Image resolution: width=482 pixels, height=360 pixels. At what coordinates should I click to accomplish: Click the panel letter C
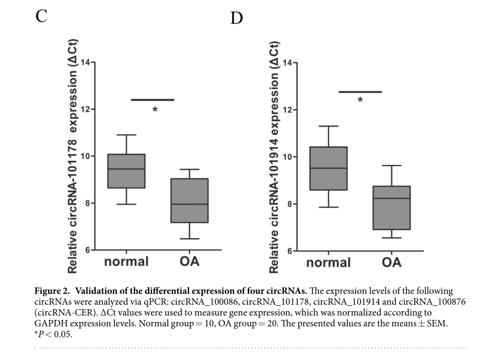(x=42, y=16)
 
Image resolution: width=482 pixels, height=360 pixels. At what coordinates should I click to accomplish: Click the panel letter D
(x=237, y=18)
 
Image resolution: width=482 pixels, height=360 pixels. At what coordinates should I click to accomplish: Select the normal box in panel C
(x=127, y=171)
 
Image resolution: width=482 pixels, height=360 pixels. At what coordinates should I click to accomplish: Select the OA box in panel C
(x=190, y=200)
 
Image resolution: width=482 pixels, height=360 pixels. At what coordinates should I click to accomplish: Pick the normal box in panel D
(x=329, y=168)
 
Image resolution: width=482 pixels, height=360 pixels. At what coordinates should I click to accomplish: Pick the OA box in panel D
(x=392, y=208)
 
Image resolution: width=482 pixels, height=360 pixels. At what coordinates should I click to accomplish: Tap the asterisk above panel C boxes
(x=155, y=110)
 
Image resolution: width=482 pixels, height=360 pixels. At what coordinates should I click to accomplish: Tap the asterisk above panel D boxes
(x=360, y=100)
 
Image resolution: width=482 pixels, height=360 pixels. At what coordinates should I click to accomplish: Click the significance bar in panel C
(x=153, y=100)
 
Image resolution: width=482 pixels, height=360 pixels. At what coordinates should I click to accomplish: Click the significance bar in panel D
(x=360, y=92)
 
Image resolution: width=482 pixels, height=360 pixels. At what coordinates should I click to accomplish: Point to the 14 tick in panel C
(x=86, y=62)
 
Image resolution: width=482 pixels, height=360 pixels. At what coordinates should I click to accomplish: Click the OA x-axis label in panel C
(x=190, y=261)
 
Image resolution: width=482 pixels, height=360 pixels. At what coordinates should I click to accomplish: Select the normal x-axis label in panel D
(x=329, y=263)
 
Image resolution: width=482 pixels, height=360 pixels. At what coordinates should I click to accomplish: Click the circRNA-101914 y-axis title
(x=275, y=157)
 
